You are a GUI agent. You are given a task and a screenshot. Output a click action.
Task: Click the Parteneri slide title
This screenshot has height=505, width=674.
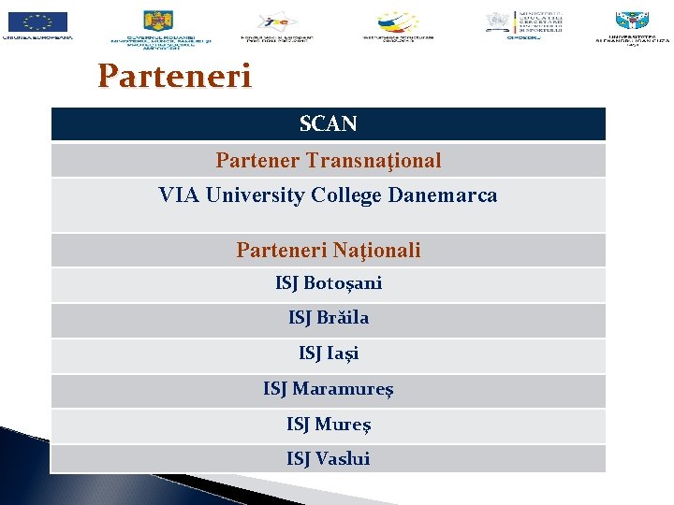click(x=174, y=76)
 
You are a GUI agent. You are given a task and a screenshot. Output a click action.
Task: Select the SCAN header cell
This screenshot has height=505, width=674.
click(x=328, y=123)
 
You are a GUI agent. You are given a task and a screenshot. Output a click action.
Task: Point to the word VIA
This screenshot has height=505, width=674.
click(x=178, y=195)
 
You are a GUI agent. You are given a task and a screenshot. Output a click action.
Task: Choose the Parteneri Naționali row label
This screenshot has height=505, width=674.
click(x=328, y=250)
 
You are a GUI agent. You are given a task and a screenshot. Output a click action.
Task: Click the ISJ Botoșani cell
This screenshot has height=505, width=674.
click(x=328, y=282)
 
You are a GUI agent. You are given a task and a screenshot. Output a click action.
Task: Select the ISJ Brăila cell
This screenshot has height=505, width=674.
click(x=328, y=318)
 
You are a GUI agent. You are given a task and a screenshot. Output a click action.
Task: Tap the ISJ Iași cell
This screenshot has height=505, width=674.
click(x=328, y=353)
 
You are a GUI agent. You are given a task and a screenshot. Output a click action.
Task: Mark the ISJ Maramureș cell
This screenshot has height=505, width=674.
click(x=328, y=388)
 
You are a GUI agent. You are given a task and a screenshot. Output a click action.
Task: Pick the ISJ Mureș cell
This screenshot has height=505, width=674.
click(x=328, y=425)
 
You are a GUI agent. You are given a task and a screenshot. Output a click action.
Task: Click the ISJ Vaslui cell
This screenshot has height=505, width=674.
click(x=328, y=458)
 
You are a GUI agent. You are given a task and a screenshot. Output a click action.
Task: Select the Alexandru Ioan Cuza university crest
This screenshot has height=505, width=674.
click(x=632, y=21)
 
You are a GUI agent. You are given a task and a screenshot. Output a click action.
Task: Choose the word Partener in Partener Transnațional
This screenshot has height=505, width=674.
click(x=257, y=161)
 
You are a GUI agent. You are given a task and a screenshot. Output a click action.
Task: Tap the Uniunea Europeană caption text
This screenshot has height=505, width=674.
click(x=37, y=38)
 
